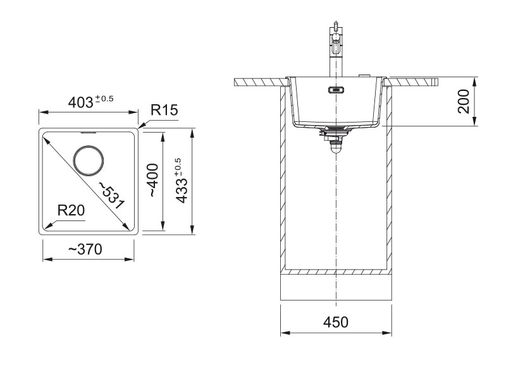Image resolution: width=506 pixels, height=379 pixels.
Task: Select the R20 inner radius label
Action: point(71,210)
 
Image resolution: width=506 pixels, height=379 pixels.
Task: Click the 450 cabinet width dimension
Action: point(336,322)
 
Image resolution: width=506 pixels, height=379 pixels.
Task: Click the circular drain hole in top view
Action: point(89,160)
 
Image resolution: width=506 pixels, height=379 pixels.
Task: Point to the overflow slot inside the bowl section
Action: point(336,89)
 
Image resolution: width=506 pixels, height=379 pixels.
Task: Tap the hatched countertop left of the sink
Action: point(259,81)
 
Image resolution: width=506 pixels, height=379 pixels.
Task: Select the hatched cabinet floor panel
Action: point(336,273)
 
